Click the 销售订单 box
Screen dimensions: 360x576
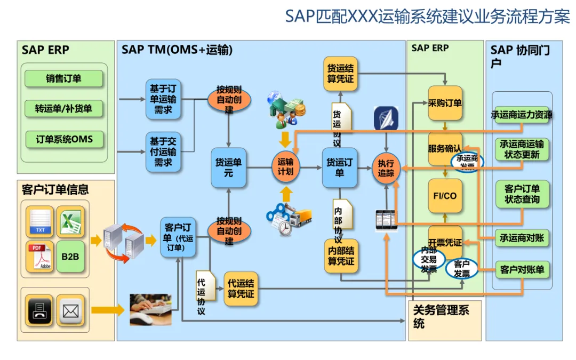click(63, 79)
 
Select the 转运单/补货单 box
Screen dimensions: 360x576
click(63, 109)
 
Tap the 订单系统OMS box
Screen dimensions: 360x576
click(63, 140)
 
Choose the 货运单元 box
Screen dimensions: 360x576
click(228, 167)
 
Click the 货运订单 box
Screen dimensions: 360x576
click(340, 167)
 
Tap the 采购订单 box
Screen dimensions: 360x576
click(445, 103)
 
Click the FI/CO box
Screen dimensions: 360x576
click(445, 196)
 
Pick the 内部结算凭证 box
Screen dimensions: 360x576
click(340, 255)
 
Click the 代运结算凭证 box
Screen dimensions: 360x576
click(241, 289)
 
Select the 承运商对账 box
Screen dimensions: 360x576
click(522, 238)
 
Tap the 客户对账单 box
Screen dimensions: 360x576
click(522, 270)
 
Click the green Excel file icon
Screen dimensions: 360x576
click(70, 221)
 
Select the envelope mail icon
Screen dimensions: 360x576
click(70, 310)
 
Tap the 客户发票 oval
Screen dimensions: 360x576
click(461, 268)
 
